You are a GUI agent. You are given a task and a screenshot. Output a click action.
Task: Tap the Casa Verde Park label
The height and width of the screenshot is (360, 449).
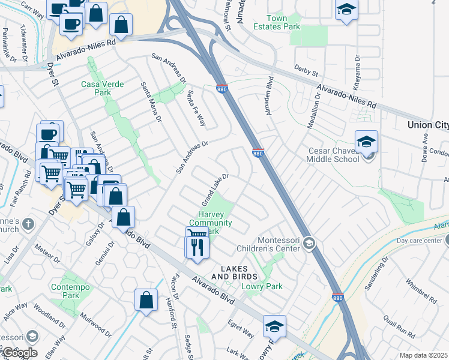103,88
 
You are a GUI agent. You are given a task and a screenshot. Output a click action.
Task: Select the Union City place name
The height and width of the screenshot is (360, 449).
427,125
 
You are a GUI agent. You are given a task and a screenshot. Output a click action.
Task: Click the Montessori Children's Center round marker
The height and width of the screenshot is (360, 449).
309,242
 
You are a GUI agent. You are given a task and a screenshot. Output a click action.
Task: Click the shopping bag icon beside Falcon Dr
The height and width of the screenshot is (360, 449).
146,301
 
